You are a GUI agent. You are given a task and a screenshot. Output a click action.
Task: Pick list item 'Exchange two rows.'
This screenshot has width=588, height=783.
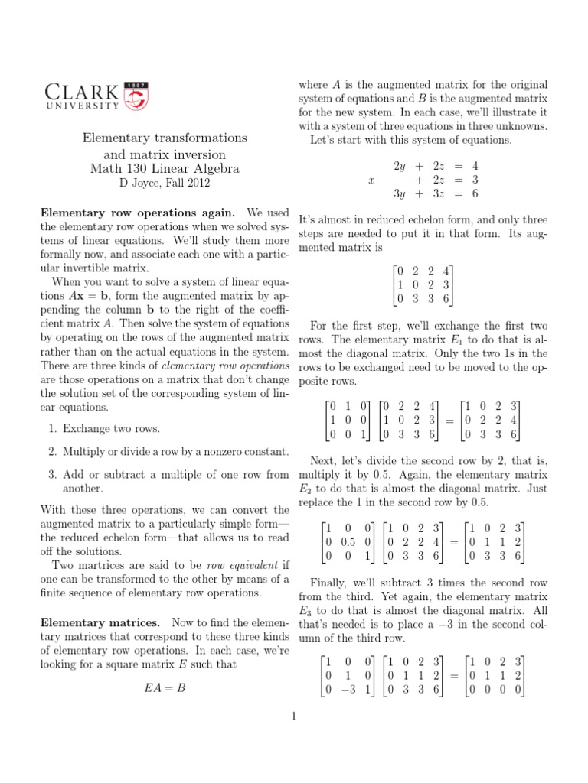pyautogui.click(x=111, y=428)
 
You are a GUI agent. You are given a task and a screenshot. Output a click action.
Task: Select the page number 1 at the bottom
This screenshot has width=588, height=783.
pyautogui.click(x=293, y=716)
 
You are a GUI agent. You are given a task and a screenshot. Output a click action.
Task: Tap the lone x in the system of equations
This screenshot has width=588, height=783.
pyautogui.click(x=371, y=180)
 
